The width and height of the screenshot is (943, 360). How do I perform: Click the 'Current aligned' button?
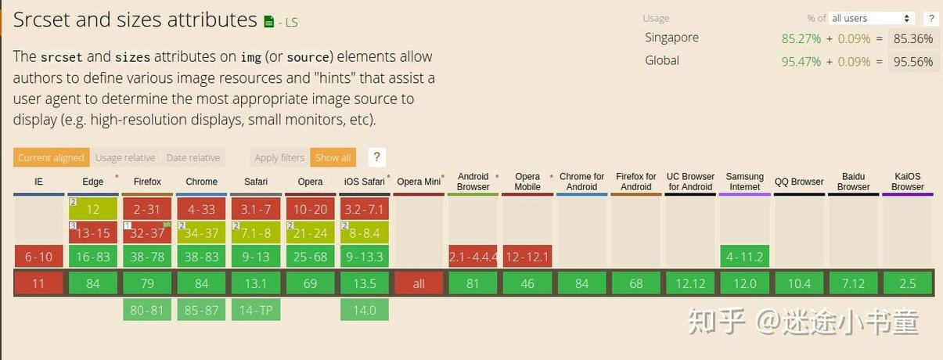(52, 157)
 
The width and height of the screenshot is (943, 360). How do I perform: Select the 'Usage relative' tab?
(125, 157)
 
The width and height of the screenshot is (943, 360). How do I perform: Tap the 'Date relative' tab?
(193, 157)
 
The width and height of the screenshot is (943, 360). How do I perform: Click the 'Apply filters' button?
(279, 157)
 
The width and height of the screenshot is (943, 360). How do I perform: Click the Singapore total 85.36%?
(913, 38)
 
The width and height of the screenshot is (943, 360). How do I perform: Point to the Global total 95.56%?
(913, 62)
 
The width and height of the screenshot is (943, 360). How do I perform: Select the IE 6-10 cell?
(38, 257)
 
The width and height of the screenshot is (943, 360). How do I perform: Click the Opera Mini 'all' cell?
(419, 283)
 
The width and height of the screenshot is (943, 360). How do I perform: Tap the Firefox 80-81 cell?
(147, 310)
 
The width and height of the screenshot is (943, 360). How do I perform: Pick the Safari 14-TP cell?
(256, 310)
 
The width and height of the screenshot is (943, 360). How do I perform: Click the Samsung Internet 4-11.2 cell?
(745, 257)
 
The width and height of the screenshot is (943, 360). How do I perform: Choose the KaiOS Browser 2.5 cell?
(908, 283)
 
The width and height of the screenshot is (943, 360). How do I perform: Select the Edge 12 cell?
(93, 209)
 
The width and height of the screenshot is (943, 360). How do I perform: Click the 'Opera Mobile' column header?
(527, 182)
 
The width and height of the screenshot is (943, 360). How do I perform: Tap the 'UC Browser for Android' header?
(690, 182)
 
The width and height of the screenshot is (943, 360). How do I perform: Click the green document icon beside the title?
(268, 21)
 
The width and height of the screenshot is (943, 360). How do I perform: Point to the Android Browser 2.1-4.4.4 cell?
(473, 257)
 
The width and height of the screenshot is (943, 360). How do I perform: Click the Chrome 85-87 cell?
(201, 310)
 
